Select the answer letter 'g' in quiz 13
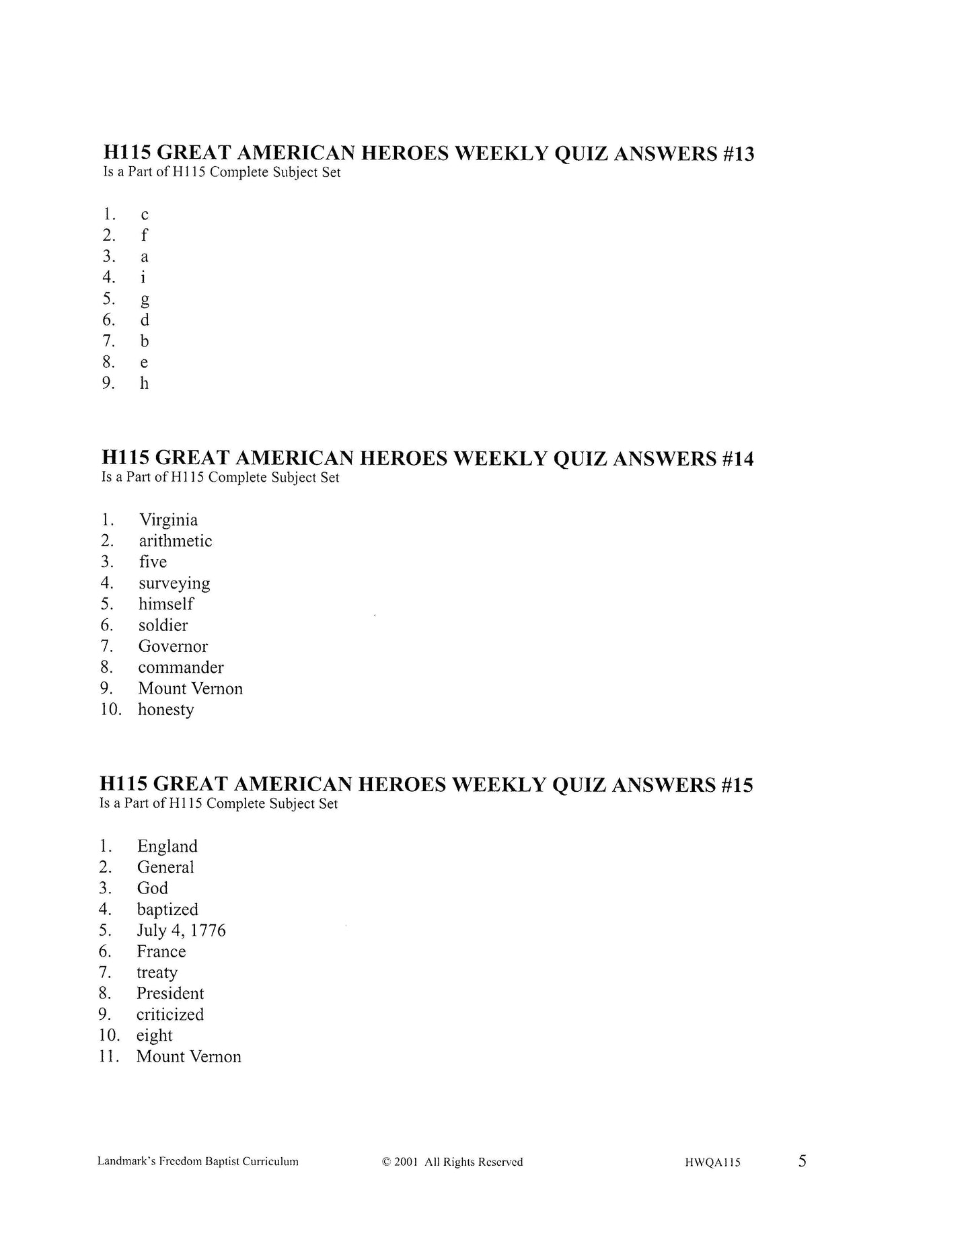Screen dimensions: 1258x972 (x=145, y=299)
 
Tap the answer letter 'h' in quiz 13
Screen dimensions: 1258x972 (x=144, y=383)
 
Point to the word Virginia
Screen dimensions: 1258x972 (x=168, y=520)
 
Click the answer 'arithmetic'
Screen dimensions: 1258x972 (x=175, y=541)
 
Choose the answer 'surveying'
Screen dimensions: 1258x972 (x=174, y=583)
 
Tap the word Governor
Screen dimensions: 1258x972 (x=173, y=646)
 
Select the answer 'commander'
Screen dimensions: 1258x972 (x=181, y=667)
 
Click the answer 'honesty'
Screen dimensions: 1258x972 (x=165, y=710)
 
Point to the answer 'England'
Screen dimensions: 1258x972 (x=167, y=846)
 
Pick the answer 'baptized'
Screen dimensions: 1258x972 (x=167, y=910)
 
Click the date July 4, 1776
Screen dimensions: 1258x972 (x=181, y=930)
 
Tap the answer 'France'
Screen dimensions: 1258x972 (x=161, y=951)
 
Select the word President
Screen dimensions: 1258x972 (x=170, y=994)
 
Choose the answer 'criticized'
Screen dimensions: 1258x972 (x=170, y=1014)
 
